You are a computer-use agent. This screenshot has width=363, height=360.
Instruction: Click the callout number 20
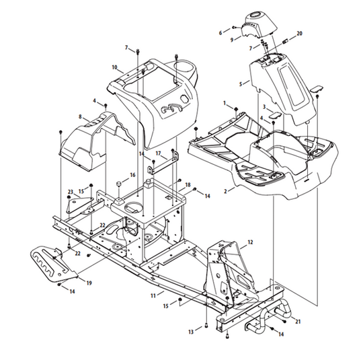(x=299, y=34)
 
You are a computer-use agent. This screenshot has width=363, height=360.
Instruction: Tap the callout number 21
(x=298, y=322)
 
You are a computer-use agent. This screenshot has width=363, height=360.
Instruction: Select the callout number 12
(x=250, y=242)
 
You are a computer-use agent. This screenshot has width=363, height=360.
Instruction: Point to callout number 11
(x=153, y=296)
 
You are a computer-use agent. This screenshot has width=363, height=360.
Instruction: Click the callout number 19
(x=89, y=283)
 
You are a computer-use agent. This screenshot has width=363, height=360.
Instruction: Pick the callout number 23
(x=71, y=192)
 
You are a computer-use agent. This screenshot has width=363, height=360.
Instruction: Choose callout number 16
(x=132, y=175)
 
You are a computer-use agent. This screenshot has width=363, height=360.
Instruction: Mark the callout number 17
(x=158, y=153)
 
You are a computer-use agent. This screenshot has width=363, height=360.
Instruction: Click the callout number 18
(x=188, y=185)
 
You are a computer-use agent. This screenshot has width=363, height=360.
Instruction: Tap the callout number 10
(x=114, y=67)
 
